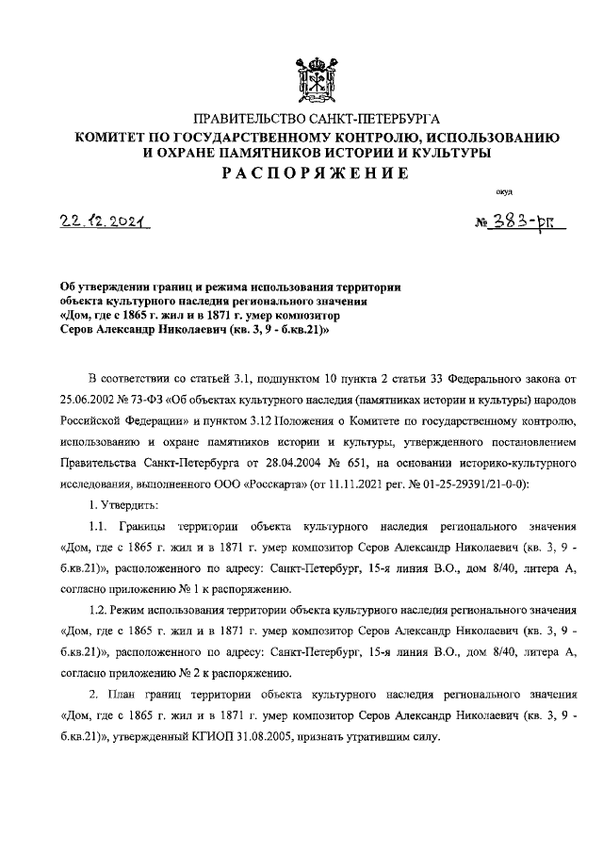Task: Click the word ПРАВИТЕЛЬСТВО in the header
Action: click(x=251, y=120)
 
